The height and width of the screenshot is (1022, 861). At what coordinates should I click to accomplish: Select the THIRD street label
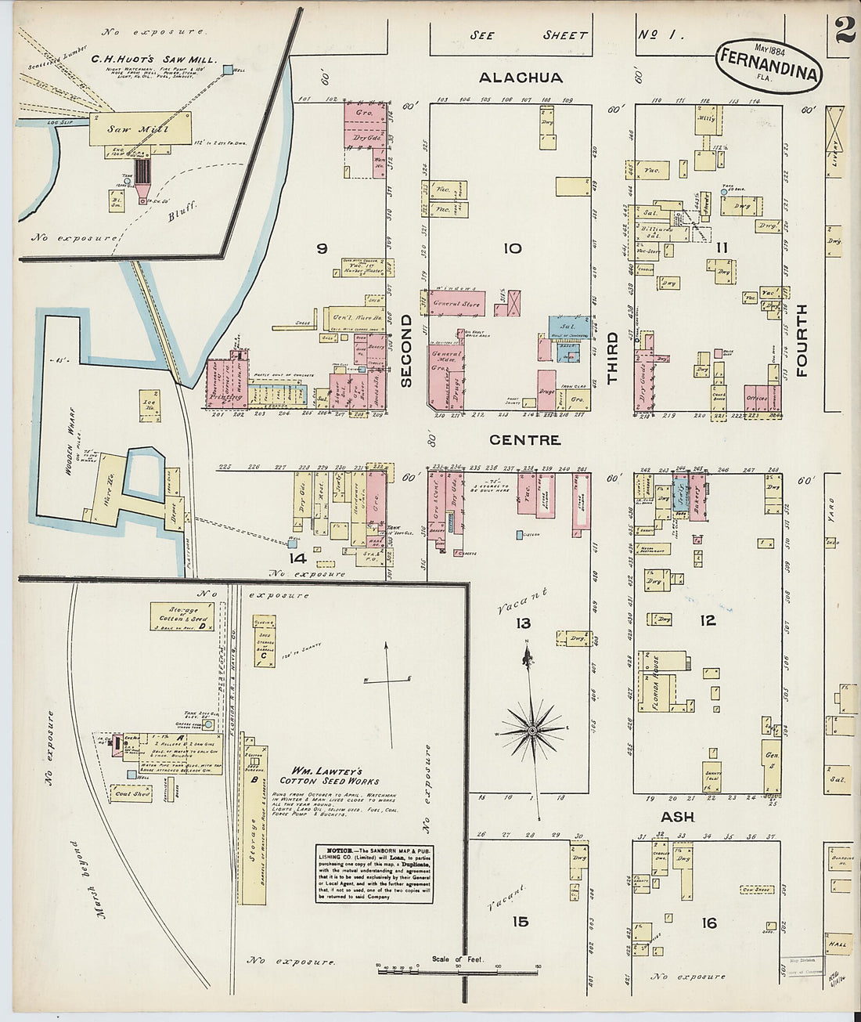tap(612, 356)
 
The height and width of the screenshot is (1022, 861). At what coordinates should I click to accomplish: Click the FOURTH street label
tap(802, 341)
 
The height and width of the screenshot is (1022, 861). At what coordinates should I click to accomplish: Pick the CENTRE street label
tap(525, 440)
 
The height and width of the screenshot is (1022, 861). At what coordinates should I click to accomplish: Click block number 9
tap(321, 248)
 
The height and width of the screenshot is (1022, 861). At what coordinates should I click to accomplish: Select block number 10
tap(512, 248)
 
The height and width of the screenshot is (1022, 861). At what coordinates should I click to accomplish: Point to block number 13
tap(523, 623)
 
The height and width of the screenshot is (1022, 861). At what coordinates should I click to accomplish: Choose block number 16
tap(708, 923)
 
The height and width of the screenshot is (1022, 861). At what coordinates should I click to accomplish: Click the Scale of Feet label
tap(458, 959)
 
